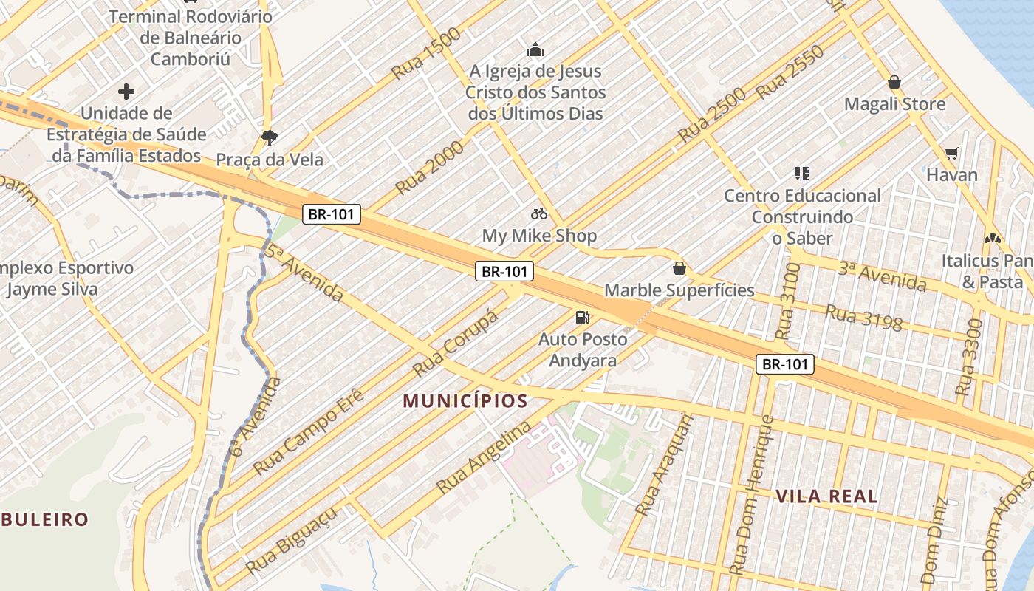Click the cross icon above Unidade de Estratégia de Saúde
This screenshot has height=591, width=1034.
tap(126, 92)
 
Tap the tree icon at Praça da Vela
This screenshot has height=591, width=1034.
tap(269, 137)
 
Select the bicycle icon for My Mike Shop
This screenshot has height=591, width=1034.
tap(539, 214)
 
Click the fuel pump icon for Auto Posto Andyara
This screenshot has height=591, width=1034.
tap(583, 318)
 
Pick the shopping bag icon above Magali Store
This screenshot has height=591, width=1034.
tap(894, 82)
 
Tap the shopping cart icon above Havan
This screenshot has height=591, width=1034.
tap(952, 153)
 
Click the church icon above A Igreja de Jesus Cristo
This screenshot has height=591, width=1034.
tap(535, 50)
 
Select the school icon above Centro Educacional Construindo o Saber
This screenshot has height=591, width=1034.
tap(802, 174)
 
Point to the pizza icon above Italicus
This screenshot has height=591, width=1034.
tap(992, 239)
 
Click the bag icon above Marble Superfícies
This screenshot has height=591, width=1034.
tap(679, 268)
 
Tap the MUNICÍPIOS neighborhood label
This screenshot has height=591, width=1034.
tap(465, 401)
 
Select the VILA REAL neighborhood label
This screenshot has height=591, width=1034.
tap(826, 496)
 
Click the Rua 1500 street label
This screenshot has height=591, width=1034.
tap(426, 53)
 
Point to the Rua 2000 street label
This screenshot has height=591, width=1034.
tap(429, 168)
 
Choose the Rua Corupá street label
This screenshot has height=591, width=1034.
tap(455, 343)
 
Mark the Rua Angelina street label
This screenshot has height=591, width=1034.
tap(484, 457)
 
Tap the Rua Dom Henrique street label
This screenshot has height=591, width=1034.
tap(751, 495)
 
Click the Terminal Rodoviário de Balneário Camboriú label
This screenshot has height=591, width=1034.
tap(191, 38)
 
